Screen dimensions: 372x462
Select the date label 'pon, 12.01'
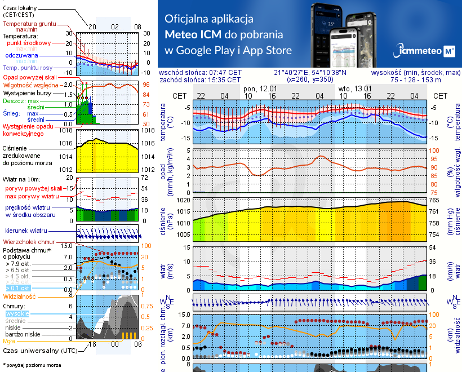[260, 88]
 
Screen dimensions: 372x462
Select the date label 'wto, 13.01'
[355, 88]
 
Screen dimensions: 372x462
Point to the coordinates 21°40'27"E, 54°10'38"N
[310, 73]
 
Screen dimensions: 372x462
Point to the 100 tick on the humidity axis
[434, 150]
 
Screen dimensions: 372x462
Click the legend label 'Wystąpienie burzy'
[26, 91]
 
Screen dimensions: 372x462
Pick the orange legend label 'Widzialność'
[20, 296]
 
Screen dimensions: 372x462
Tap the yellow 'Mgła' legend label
[9, 341]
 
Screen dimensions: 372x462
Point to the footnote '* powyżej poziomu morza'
[32, 365]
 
